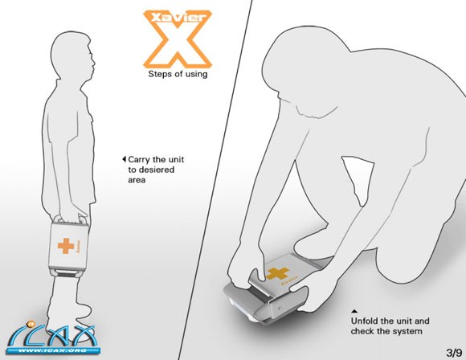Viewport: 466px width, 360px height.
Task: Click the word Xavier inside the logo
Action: (178, 18)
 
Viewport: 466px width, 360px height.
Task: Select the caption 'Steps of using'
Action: (178, 74)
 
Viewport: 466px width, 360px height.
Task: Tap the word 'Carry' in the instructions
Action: (139, 160)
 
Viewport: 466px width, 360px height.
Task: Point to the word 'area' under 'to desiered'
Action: (137, 180)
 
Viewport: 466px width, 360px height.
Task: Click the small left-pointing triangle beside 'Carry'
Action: (125, 159)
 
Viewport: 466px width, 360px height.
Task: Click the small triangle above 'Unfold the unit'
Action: (354, 312)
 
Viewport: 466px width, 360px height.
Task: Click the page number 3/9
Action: (454, 353)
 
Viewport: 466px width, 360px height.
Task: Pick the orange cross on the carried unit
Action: (66, 246)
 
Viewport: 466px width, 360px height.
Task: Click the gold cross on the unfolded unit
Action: (277, 274)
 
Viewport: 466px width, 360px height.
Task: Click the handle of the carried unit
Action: (70, 219)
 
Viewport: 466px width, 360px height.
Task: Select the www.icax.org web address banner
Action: (54, 351)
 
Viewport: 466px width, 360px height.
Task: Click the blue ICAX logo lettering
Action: (54, 335)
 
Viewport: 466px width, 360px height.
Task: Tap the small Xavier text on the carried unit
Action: (79, 246)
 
